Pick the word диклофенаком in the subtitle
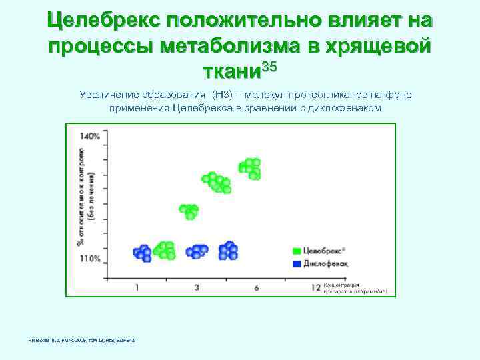click(x=345, y=108)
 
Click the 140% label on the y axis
click(x=90, y=136)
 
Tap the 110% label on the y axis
click(x=90, y=258)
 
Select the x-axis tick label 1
click(x=137, y=287)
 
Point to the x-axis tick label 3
click(x=197, y=287)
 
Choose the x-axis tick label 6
click(x=257, y=287)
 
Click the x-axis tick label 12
click(x=316, y=287)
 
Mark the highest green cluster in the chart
click(x=250, y=167)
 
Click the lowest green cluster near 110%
click(x=164, y=250)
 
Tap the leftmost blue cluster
click(x=142, y=252)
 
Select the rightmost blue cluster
click(x=229, y=250)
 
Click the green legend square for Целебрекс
click(x=296, y=251)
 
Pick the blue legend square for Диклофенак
click(x=296, y=263)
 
